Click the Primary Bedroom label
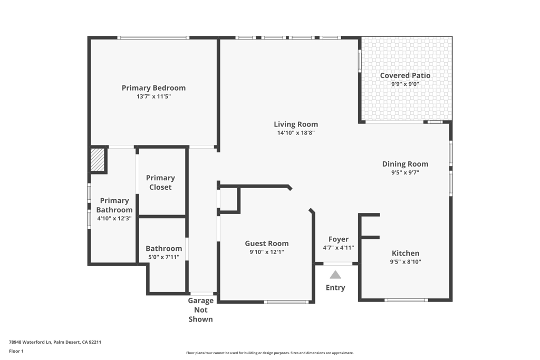click(x=153, y=88)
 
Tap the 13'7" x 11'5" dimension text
click(x=153, y=96)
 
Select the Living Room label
click(x=296, y=124)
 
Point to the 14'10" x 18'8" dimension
click(x=296, y=133)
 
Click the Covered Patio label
click(x=405, y=75)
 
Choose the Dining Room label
click(x=405, y=164)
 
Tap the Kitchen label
click(x=406, y=254)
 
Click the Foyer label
click(x=338, y=239)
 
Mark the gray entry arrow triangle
click(x=335, y=275)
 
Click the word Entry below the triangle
click(x=335, y=288)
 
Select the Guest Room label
click(x=266, y=244)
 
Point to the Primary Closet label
click(x=160, y=182)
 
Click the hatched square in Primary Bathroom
click(x=97, y=159)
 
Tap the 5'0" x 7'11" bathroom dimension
click(x=163, y=257)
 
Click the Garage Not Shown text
click(x=200, y=310)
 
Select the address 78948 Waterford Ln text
click(x=31, y=342)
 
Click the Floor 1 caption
click(x=16, y=352)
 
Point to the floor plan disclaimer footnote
click(x=269, y=353)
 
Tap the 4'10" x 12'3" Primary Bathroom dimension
click(x=114, y=219)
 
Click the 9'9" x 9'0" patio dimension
click(x=405, y=84)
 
